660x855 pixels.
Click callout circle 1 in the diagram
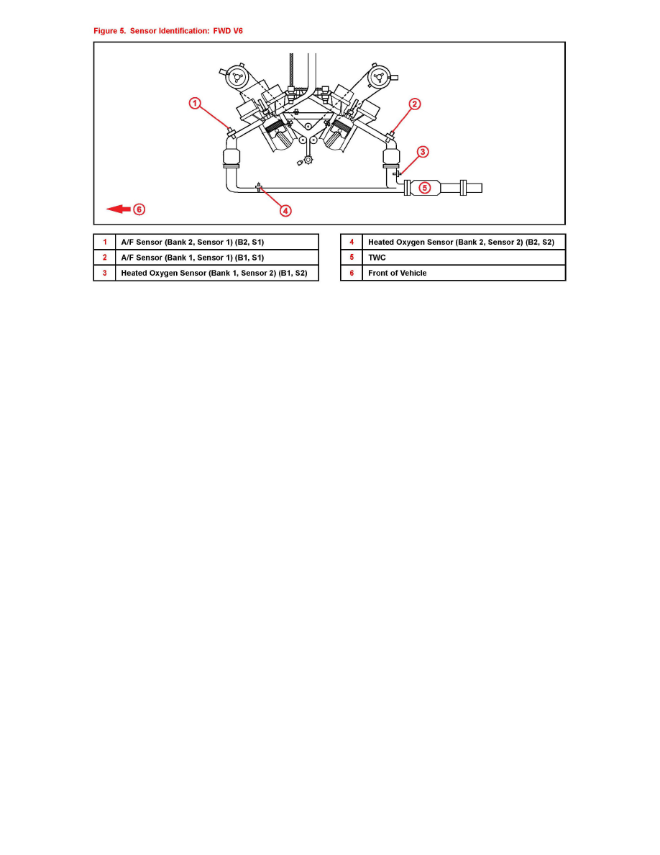(x=195, y=104)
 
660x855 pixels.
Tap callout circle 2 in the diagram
(x=415, y=104)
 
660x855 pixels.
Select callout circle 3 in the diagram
(x=423, y=152)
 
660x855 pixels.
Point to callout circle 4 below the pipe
(x=285, y=211)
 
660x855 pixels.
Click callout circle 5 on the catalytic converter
(x=425, y=188)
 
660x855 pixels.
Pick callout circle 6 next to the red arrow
(x=139, y=209)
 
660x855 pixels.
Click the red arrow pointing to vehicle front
(x=118, y=209)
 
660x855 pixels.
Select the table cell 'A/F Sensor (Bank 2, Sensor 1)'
(x=216, y=243)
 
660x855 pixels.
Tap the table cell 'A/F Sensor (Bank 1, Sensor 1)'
(x=216, y=258)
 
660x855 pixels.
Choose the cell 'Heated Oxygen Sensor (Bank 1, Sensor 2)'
(x=216, y=273)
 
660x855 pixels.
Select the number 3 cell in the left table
(x=104, y=273)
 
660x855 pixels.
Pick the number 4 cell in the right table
(x=352, y=243)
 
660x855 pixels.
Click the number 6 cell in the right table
(x=352, y=273)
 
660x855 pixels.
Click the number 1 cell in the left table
(x=104, y=243)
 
